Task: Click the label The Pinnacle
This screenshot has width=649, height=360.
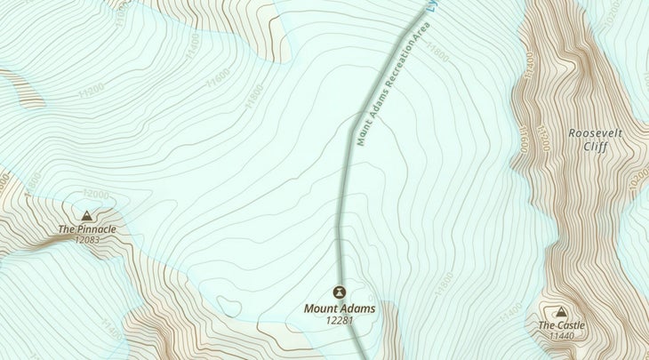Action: pyautogui.click(x=87, y=229)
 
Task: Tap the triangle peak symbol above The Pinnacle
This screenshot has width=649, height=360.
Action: pyautogui.click(x=86, y=215)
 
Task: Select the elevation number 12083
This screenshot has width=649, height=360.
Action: pyautogui.click(x=87, y=240)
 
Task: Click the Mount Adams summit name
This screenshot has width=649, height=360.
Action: pyautogui.click(x=340, y=308)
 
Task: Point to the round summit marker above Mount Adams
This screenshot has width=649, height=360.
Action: pyautogui.click(x=339, y=292)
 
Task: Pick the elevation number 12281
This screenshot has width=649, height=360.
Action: pyautogui.click(x=340, y=320)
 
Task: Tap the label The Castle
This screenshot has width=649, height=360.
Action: pyautogui.click(x=561, y=325)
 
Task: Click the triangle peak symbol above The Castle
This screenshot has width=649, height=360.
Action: pyautogui.click(x=561, y=312)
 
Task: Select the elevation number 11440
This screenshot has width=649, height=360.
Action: pyautogui.click(x=562, y=336)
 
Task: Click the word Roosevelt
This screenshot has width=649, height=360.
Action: pyautogui.click(x=597, y=132)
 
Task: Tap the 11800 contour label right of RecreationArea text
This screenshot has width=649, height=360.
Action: pyautogui.click(x=438, y=53)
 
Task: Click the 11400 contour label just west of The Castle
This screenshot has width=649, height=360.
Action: pyautogui.click(x=511, y=312)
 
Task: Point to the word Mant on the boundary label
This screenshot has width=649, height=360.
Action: pyautogui.click(x=363, y=132)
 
